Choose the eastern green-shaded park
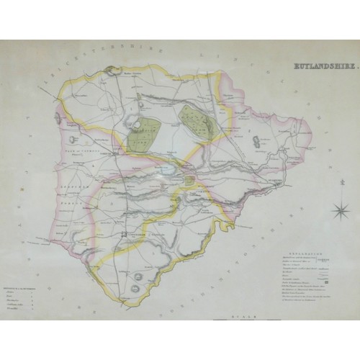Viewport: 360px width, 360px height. pyautogui.click(x=192, y=117)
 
